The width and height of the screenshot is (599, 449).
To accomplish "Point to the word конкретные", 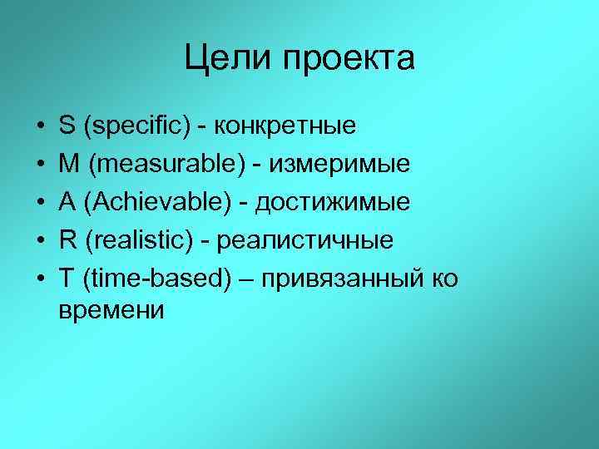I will click(x=285, y=127).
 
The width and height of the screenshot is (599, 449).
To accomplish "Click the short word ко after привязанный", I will click(x=443, y=279).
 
